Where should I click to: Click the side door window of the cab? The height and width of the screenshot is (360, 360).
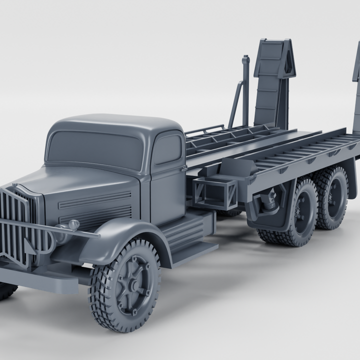(x=166, y=149)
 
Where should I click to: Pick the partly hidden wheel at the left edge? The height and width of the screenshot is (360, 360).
(x=6, y=290)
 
